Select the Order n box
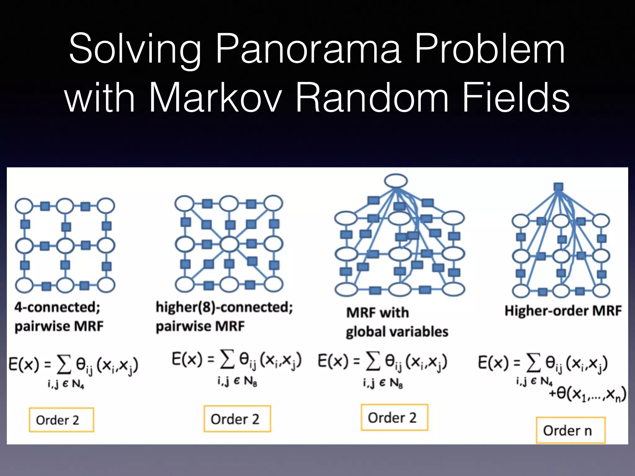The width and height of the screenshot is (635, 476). [x=570, y=430]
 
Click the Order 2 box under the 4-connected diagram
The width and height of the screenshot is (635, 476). [x=61, y=420]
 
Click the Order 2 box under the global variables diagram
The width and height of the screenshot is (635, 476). [x=394, y=417]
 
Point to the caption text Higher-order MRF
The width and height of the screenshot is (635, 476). [x=563, y=311]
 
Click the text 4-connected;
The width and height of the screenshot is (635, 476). [x=57, y=307]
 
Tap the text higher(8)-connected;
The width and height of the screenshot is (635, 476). [x=224, y=307]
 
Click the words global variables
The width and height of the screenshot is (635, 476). [x=397, y=332]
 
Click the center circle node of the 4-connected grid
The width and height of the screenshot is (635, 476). [x=65, y=246]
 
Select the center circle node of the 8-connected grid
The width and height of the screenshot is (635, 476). [x=229, y=244]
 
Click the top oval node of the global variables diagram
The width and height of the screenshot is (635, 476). [x=396, y=181]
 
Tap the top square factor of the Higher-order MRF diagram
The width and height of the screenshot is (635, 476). [x=558, y=187]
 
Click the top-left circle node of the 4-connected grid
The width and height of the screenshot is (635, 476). [x=24, y=206]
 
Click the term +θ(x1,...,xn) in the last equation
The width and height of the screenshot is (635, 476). [x=587, y=394]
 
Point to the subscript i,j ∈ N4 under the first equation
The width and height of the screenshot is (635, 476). [x=66, y=384]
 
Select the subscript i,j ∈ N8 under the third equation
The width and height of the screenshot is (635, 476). [x=383, y=383]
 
